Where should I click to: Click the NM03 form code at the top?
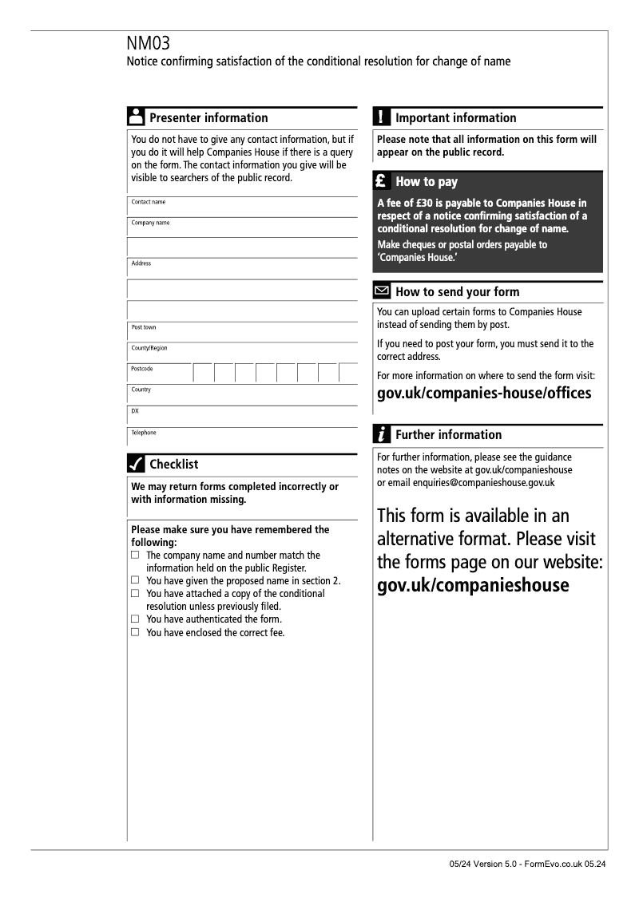pos(149,43)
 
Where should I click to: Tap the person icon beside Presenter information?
pos(136,117)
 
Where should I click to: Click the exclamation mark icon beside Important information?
pos(382,117)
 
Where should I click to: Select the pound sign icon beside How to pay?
pos(382,181)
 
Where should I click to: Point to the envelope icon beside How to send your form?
pos(382,291)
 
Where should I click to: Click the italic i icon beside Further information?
pos(382,434)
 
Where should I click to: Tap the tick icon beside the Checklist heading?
pos(136,464)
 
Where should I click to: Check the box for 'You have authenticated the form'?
pos(135,619)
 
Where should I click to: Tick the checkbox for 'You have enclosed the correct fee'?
pos(135,632)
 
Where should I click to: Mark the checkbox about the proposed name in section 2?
pos(135,580)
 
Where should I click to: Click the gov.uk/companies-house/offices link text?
pos(484,394)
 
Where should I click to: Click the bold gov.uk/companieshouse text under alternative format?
pos(473,585)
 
